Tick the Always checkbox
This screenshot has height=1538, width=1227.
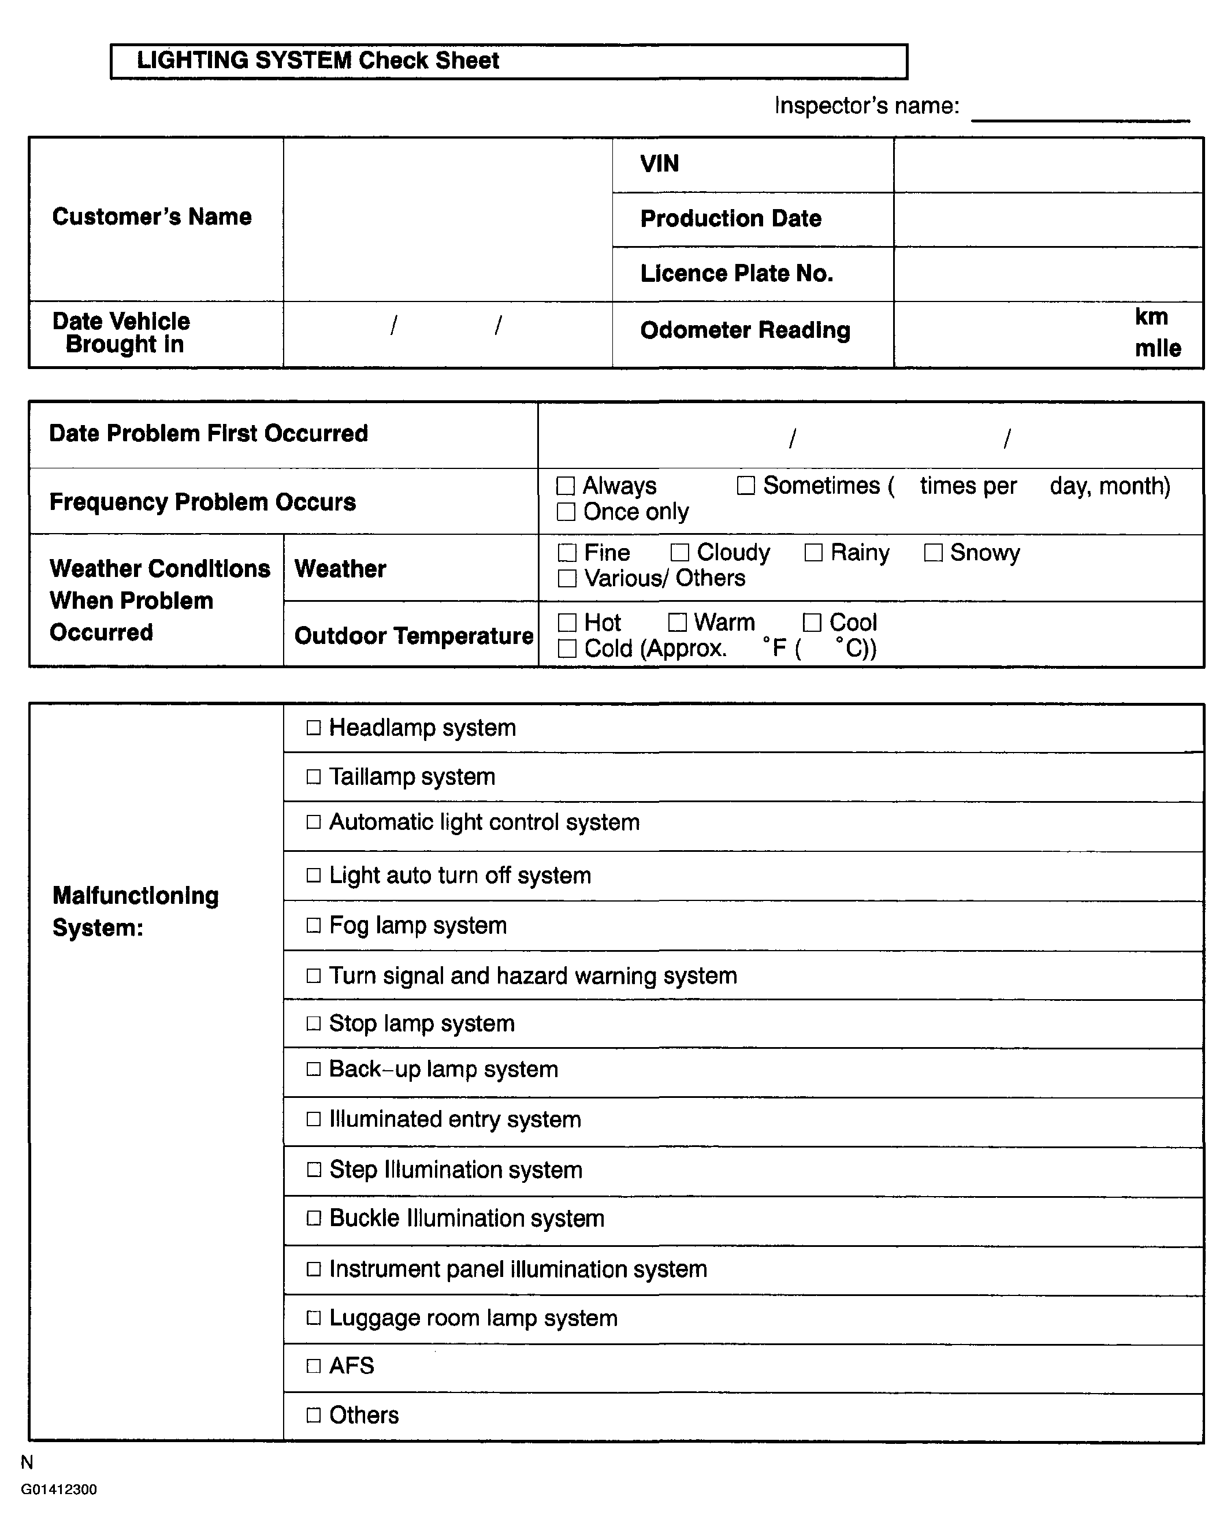566,486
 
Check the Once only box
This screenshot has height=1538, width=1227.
566,512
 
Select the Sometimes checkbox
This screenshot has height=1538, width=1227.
745,486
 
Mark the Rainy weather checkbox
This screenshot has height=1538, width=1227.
813,552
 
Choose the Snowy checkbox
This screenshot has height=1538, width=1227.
933,552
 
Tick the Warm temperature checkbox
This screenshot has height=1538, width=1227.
677,622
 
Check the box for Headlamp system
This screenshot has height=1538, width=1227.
314,728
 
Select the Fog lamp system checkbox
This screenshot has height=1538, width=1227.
314,925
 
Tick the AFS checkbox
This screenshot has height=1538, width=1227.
314,1366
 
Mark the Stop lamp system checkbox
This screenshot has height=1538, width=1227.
314,1023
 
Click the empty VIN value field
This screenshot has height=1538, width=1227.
1047,165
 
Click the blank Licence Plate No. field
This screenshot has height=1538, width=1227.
1047,274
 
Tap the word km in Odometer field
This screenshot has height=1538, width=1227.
1151,316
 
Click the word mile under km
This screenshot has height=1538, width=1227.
1158,348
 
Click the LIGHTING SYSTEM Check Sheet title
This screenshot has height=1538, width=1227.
318,61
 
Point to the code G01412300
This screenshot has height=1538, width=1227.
58,1489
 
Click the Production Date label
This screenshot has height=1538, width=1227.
731,218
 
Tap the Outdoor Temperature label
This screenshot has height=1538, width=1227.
414,636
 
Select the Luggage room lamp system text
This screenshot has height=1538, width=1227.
473,1317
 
